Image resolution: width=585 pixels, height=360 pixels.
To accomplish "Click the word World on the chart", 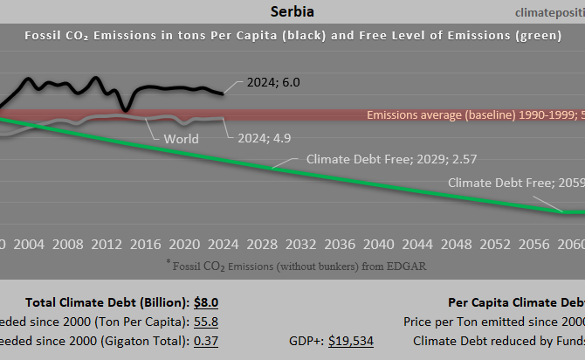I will pyautogui.click(x=181, y=139).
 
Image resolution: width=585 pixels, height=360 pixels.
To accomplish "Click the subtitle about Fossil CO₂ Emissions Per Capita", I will pyautogui.click(x=292, y=36).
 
